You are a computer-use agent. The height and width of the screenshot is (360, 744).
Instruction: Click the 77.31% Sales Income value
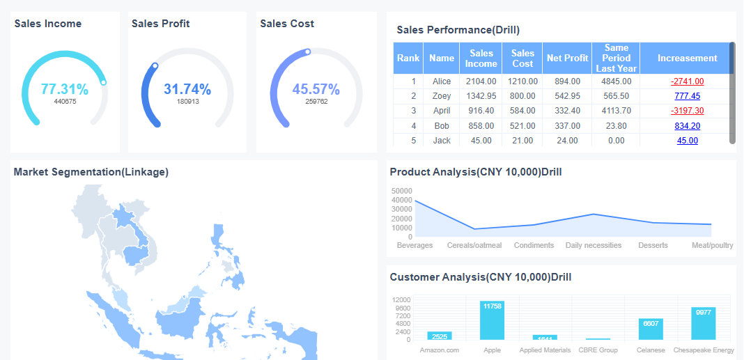coord(64,89)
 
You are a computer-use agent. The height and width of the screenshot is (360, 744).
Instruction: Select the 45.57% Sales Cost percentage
coord(316,89)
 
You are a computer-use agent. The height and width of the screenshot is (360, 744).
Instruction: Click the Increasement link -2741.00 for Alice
coord(687,81)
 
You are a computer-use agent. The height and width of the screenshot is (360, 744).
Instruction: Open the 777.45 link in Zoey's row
coord(687,96)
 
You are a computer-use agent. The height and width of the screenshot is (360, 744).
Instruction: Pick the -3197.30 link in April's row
coord(687,111)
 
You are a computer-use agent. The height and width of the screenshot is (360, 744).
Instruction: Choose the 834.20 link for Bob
coord(687,126)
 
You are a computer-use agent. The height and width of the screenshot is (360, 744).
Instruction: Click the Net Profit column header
coord(567,58)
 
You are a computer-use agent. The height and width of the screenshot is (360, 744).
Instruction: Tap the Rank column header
coord(408,58)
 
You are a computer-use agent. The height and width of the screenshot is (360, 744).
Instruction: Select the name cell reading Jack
coord(442,141)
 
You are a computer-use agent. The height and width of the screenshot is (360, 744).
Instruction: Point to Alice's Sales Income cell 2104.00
coord(481,81)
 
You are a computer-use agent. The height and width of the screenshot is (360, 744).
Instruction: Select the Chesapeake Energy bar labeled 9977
coord(704,323)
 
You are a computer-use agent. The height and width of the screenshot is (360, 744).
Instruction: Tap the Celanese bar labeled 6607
coord(651,329)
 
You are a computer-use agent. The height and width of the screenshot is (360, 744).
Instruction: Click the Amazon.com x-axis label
coord(440,350)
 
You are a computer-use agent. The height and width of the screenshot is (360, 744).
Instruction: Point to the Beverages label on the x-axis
coord(414,245)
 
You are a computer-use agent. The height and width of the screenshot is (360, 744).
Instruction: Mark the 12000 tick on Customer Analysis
coord(401,299)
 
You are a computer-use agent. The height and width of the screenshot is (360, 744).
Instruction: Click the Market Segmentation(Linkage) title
coord(91,172)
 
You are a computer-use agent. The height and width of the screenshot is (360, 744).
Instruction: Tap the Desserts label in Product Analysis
coord(653,245)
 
